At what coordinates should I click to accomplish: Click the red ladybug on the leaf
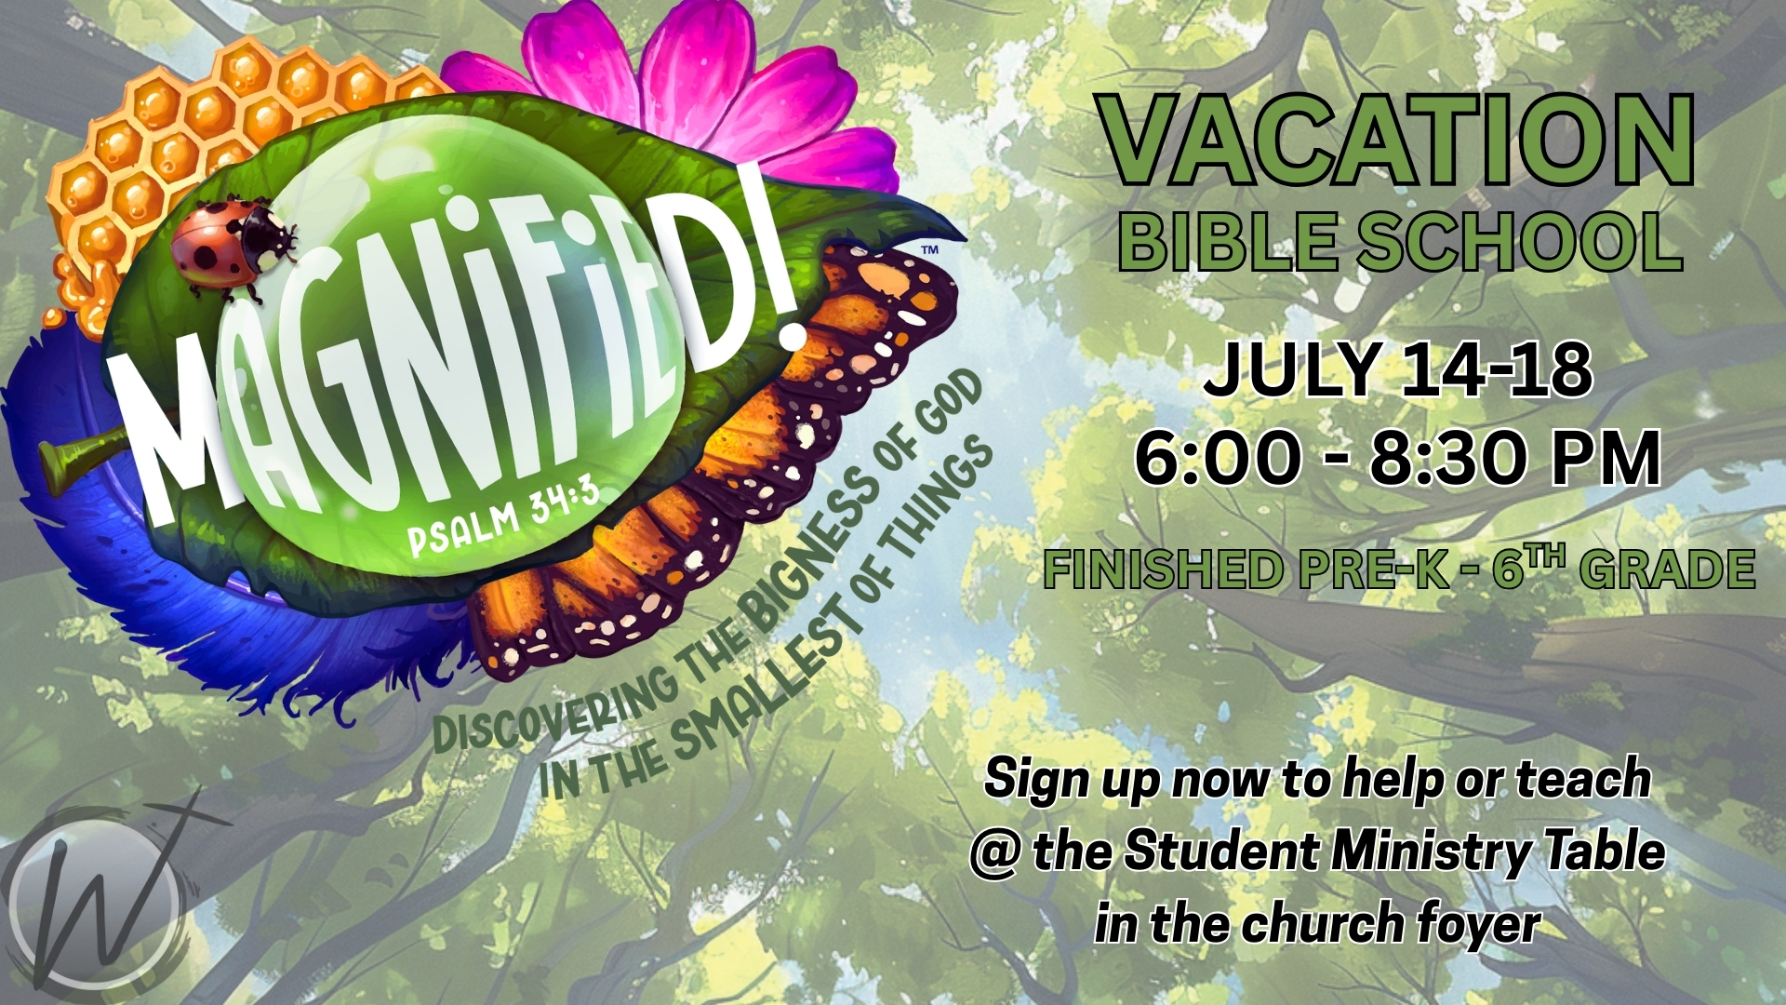pos(233,247)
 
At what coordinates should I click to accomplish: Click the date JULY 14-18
pos(1397,369)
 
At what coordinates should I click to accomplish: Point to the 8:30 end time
pos(1460,458)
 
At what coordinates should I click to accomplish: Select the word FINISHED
pos(1163,569)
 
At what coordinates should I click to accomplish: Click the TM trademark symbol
pos(929,250)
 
